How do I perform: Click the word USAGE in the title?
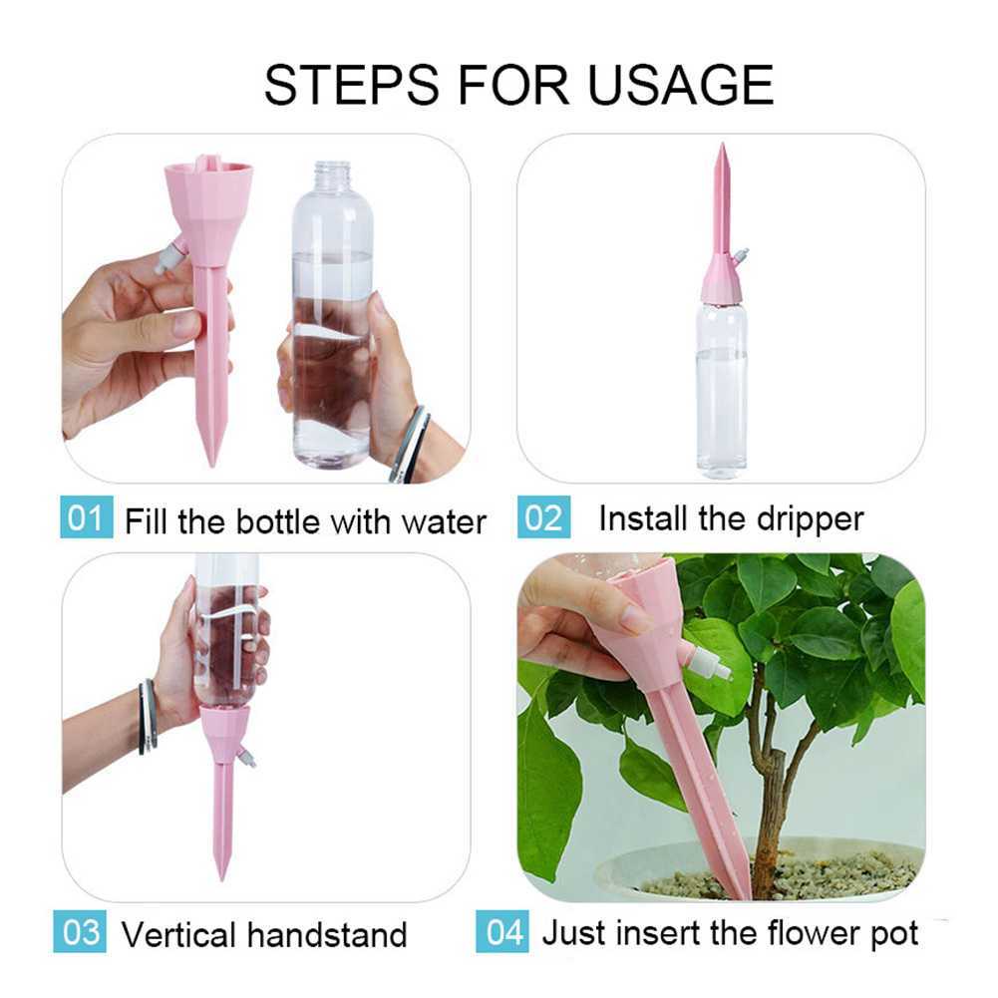pyautogui.click(x=680, y=85)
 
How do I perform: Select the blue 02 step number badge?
pyautogui.click(x=543, y=518)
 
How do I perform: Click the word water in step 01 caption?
pyautogui.click(x=444, y=521)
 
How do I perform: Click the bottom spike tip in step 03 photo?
pyautogui.click(x=220, y=875)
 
